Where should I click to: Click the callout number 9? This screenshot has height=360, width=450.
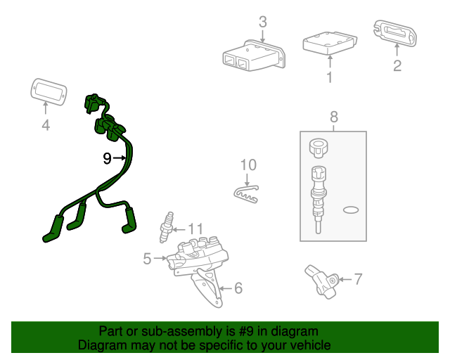[x=107, y=158]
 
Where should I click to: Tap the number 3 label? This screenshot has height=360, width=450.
[x=262, y=22]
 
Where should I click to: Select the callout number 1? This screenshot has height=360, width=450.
[x=330, y=77]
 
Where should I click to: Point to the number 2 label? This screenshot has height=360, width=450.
[x=397, y=65]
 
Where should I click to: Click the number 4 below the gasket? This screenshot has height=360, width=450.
[x=46, y=125]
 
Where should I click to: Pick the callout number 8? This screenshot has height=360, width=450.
[x=334, y=117]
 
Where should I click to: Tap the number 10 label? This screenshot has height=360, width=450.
[x=248, y=165]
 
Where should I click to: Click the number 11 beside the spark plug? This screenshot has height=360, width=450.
[x=195, y=229]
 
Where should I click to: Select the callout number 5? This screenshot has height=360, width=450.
[x=147, y=259]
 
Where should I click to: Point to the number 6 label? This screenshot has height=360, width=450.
[x=238, y=288]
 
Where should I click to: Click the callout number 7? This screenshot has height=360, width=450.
[x=358, y=279]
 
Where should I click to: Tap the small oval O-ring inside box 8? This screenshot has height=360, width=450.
[x=351, y=210]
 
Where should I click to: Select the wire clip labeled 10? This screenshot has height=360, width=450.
[x=246, y=195]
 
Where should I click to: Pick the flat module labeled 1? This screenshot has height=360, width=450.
[x=330, y=43]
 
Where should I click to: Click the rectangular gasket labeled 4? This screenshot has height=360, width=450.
[x=49, y=92]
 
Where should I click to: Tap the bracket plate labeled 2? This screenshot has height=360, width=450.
[x=395, y=33]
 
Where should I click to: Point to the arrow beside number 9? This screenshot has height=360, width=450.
[x=120, y=158]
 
